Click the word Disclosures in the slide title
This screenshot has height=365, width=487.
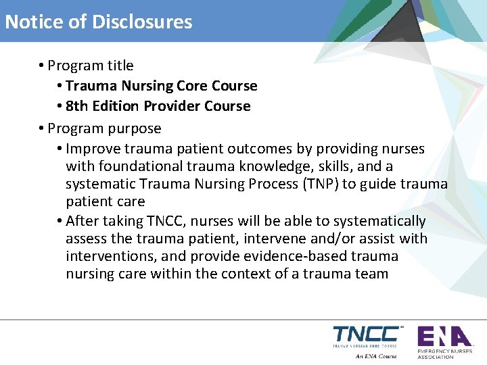(142, 22)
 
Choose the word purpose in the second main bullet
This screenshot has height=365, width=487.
(137, 128)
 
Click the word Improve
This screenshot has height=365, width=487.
(89, 149)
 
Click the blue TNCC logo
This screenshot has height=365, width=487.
(366, 335)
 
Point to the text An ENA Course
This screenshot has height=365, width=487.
(376, 356)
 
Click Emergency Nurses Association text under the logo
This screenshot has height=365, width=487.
(445, 354)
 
